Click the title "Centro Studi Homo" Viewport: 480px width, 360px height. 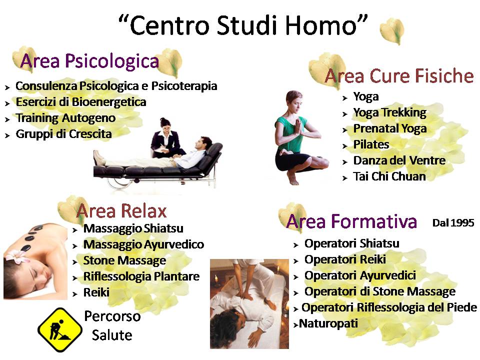click(x=243, y=25)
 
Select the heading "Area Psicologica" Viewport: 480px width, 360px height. click(x=89, y=60)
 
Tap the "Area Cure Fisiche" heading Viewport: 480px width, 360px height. click(x=399, y=76)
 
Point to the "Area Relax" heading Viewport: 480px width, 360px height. click(x=121, y=211)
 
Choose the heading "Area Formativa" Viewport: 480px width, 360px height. click(x=351, y=221)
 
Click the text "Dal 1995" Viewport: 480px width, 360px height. click(x=453, y=223)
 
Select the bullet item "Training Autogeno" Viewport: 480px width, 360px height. click(x=65, y=118)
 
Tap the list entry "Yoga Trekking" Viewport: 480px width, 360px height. click(x=389, y=112)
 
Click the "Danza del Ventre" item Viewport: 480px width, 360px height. click(x=399, y=160)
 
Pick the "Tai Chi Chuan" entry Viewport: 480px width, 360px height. click(x=389, y=176)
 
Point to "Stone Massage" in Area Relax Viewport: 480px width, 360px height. click(x=124, y=260)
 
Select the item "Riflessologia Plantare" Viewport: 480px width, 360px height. click(x=141, y=276)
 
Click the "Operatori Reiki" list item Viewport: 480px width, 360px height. click(x=345, y=259)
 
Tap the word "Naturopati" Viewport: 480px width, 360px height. click(x=328, y=323)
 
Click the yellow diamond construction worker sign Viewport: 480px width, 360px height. click(x=60, y=329)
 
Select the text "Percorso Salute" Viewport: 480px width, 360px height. click(x=112, y=325)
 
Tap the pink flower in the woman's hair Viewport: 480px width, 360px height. click(x=17, y=256)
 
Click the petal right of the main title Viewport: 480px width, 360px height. click(x=392, y=31)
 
